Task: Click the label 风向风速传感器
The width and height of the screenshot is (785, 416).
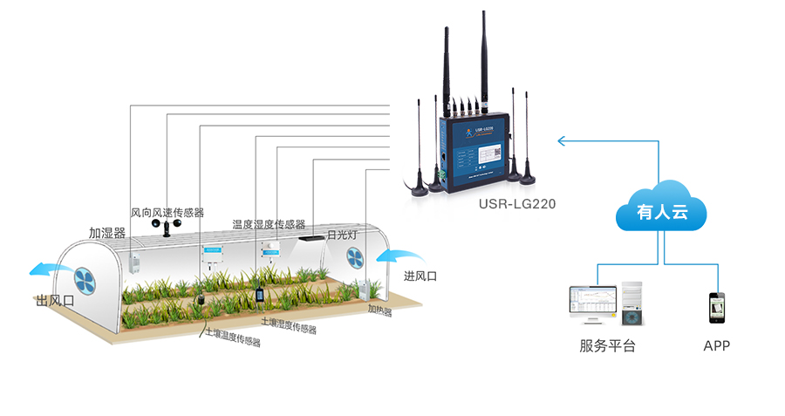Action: [167, 213]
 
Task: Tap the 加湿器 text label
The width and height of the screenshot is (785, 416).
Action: [107, 233]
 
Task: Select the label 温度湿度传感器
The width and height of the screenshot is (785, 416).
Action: [269, 224]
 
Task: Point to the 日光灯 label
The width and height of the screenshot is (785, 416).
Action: [342, 235]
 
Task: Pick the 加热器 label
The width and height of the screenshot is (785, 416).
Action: [379, 310]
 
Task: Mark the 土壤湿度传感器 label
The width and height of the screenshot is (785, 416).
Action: [288, 326]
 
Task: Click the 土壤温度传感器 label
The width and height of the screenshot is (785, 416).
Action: [233, 337]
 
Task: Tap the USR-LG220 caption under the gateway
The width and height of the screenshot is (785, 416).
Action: [517, 205]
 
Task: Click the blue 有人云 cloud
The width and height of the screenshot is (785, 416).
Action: [660, 209]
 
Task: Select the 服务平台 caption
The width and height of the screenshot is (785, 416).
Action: [608, 346]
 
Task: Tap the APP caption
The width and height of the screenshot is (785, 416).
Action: [716, 346]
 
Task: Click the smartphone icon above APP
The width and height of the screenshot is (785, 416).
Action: [716, 308]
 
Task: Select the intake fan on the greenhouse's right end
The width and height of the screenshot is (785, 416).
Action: [356, 257]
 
